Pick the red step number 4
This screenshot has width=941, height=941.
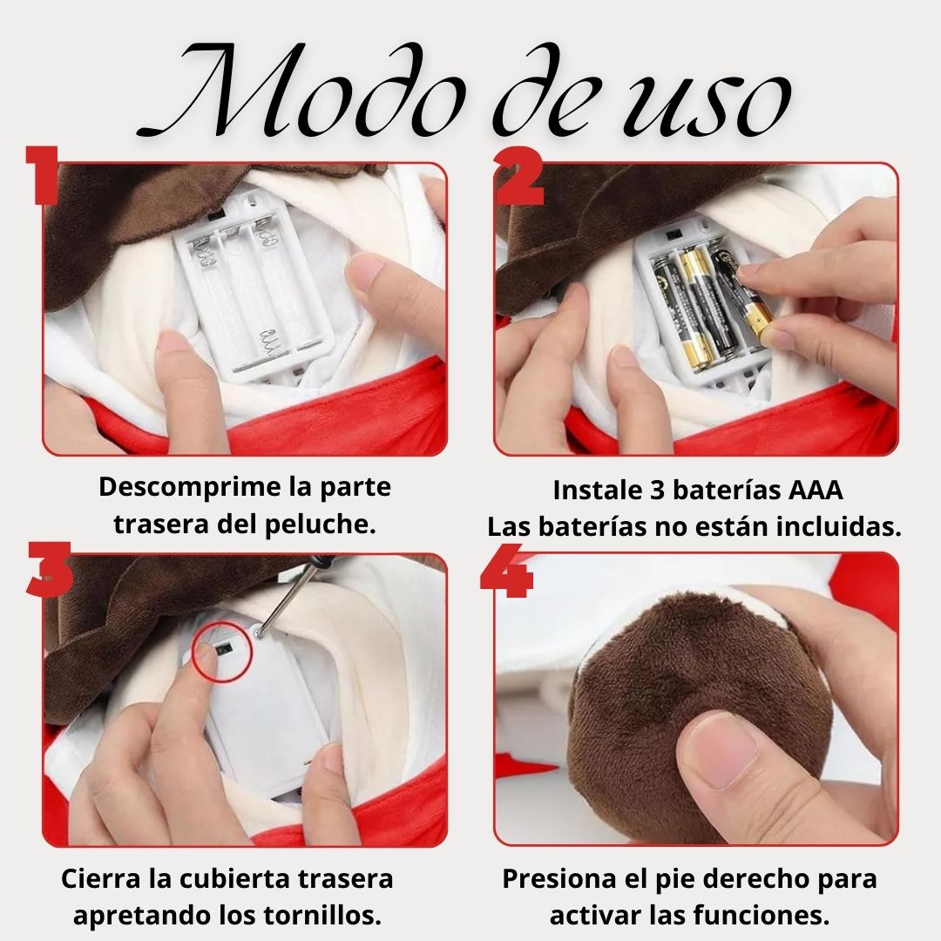[x=507, y=572]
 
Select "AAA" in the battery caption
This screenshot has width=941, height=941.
[x=816, y=490]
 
